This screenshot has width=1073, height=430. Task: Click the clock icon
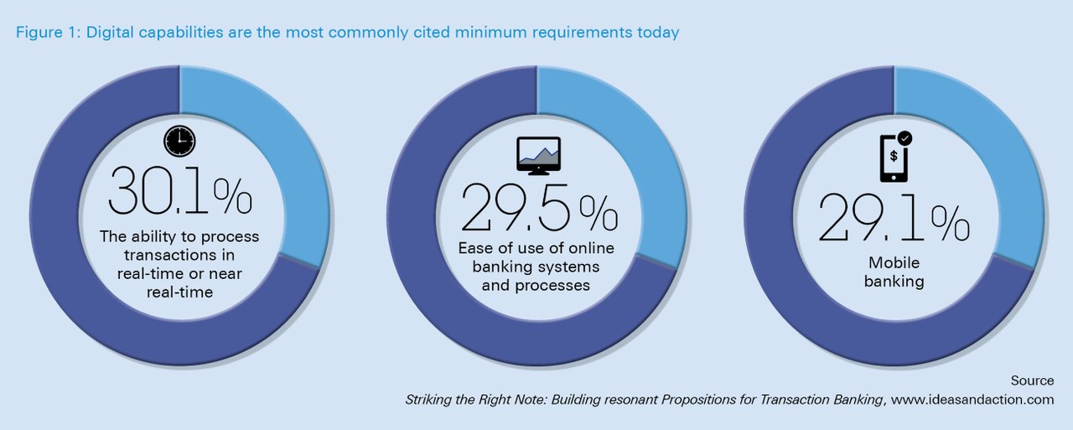pos(179,142)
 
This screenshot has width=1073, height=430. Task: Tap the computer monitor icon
pos(538,156)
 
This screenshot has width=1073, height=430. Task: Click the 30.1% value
pos(179,190)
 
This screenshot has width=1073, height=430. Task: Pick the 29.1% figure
pos(894,217)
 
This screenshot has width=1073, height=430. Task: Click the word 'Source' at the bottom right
pos(1032,381)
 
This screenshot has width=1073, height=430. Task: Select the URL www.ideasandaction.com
pos(972,399)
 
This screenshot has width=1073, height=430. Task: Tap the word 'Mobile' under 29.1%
pos(894,262)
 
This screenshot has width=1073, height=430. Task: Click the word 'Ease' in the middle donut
pos(474,248)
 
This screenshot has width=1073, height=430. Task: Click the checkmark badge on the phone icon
pos(905,138)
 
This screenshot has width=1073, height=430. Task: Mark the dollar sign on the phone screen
pos(894,156)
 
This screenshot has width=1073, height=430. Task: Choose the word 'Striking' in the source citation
pos(428,400)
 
